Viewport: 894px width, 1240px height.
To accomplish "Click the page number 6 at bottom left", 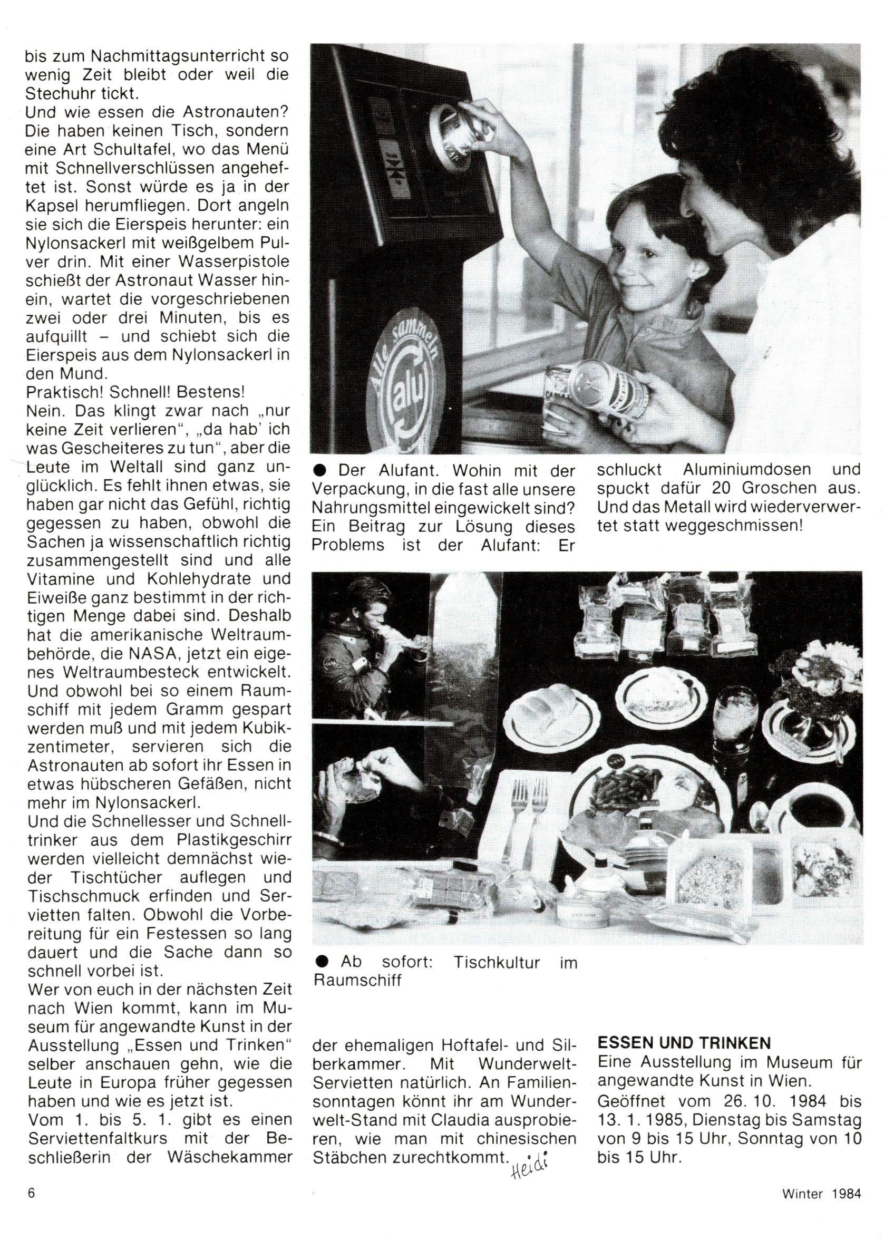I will click(32, 1193).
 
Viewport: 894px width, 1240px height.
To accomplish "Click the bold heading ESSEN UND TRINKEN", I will click(684, 1043).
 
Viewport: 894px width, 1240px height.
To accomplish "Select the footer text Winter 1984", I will click(821, 1193).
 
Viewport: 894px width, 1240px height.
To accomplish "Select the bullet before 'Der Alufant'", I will click(321, 470).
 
